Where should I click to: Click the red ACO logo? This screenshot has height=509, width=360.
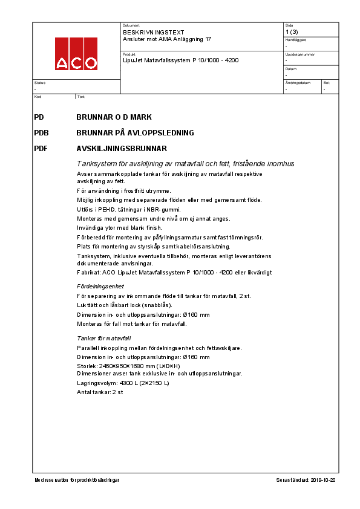76,54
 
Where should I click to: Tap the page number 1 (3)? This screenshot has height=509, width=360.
291,32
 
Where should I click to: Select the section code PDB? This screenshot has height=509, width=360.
42,132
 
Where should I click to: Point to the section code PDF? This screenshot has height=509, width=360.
41,148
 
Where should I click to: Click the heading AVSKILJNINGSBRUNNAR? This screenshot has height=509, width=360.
122,148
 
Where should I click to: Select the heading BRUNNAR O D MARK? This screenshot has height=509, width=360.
114,117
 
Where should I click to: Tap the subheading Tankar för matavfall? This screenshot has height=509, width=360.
104,339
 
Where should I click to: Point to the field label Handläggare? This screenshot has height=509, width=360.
296,40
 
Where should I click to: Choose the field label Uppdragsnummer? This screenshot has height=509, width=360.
298,54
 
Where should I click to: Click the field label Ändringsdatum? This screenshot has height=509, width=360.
298,82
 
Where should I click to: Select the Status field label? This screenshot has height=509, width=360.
40,82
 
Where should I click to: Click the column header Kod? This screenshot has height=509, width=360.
38,97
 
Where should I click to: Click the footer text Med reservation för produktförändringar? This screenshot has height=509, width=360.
77,479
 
